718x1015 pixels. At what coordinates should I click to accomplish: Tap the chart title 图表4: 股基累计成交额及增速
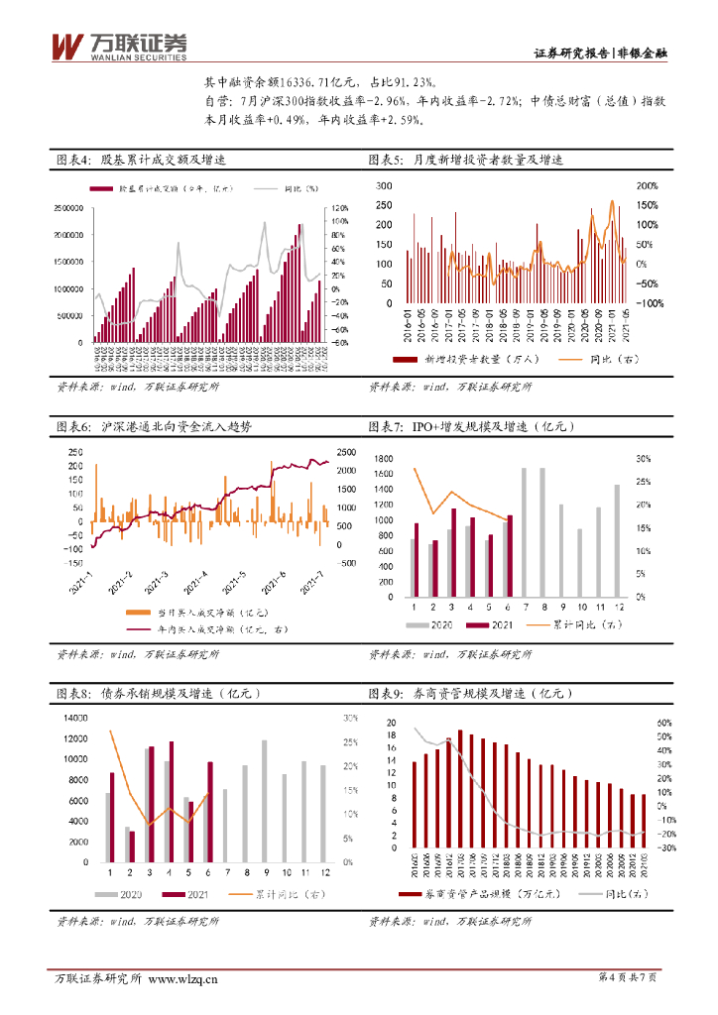pyautogui.click(x=142, y=161)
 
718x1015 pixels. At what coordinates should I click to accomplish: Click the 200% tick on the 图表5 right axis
pyautogui.click(x=647, y=185)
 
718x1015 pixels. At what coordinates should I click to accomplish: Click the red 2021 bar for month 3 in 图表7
pyautogui.click(x=454, y=552)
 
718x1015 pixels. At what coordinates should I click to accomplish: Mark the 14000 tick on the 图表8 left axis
pyautogui.click(x=75, y=718)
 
